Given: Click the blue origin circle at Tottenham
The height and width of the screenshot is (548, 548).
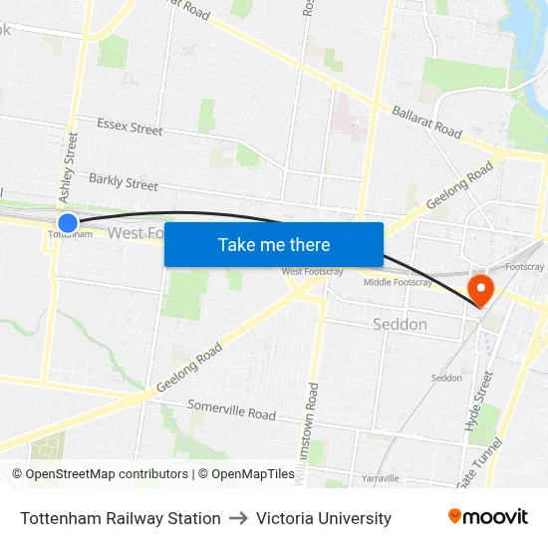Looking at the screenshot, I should click(x=68, y=223).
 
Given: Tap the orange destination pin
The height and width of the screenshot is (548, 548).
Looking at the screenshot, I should click(x=480, y=290).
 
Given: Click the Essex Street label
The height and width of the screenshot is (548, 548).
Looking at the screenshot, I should click(x=130, y=128).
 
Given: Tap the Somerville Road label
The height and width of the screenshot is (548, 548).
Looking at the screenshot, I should click(x=232, y=410).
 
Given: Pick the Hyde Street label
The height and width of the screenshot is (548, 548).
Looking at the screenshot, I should click(x=479, y=402).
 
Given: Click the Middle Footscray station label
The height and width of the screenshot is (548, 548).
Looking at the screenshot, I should click(x=398, y=282).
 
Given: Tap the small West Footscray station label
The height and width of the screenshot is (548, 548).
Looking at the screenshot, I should click(x=306, y=271).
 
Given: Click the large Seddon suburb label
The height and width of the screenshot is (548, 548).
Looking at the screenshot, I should click(x=400, y=324).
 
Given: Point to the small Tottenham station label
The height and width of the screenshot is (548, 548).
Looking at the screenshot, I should click(x=70, y=235).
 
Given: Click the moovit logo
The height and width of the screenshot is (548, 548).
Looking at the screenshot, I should click(x=487, y=517).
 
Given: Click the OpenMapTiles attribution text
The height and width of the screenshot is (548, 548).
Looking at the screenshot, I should click(x=246, y=474).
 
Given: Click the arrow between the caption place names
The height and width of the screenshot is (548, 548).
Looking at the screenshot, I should click(x=238, y=518).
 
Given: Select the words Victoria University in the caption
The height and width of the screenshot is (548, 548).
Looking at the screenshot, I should click(x=324, y=518).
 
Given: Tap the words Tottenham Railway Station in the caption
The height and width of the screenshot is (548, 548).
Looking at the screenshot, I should click(x=121, y=518).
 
